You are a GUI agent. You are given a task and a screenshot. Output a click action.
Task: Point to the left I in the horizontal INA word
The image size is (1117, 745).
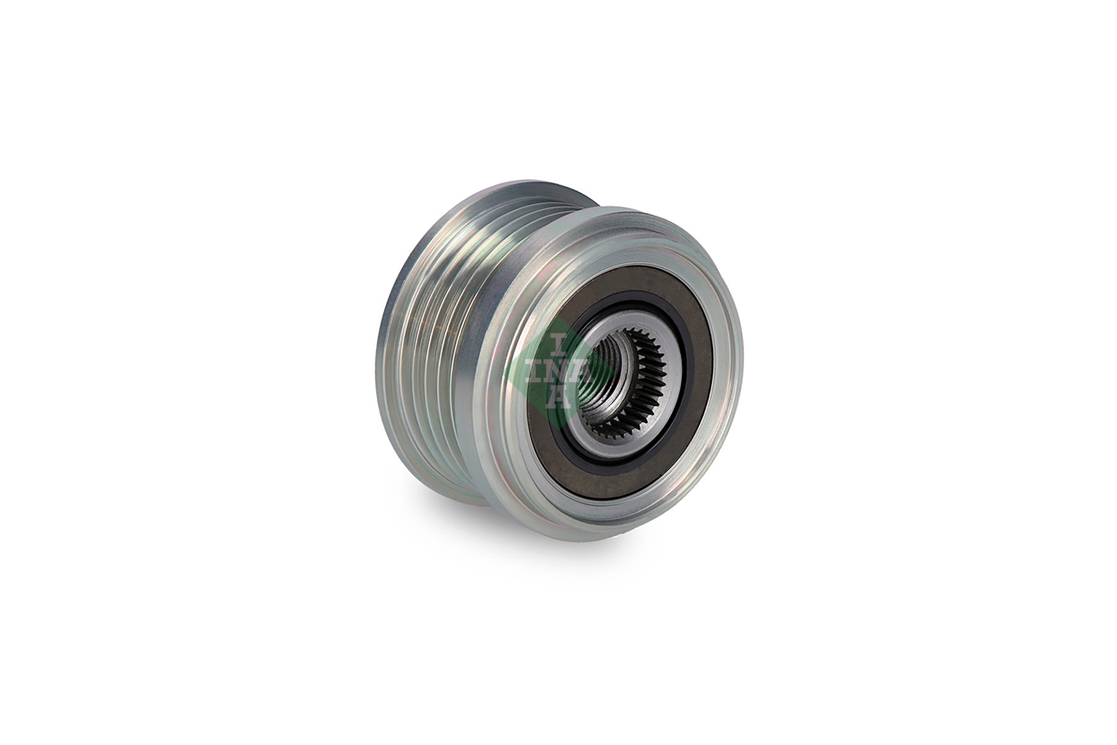536,371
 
